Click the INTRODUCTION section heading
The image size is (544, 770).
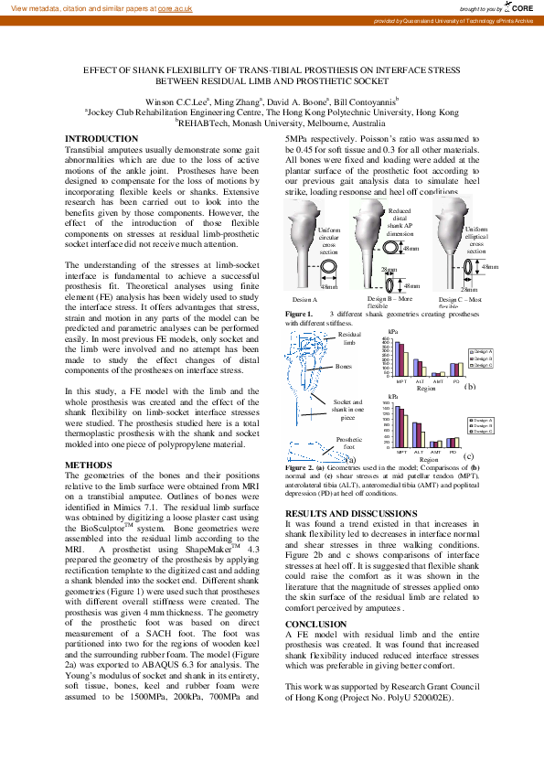click(x=102, y=139)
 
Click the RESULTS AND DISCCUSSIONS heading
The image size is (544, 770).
click(x=350, y=513)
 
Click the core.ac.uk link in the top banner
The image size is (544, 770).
click(x=176, y=7)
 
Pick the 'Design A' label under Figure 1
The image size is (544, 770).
click(x=304, y=300)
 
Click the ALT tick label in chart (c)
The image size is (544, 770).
click(x=418, y=452)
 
